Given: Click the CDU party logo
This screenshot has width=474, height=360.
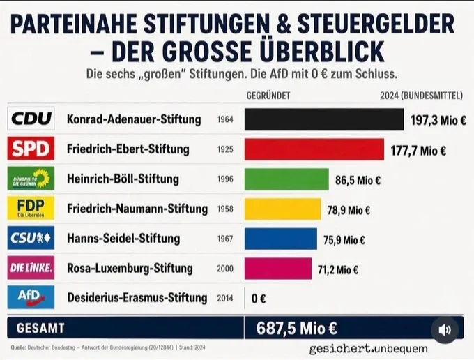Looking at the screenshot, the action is [31, 119].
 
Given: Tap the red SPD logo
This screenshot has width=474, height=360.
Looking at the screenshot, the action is [31, 148].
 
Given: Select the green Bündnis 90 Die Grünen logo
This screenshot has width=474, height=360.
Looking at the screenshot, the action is [31, 178].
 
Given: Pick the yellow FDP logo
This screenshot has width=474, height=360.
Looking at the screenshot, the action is [31, 208].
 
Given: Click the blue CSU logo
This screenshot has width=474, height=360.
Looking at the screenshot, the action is [31, 238].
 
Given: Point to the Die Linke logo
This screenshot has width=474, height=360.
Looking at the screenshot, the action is [31, 268].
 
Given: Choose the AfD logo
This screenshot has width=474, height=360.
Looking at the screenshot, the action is [31, 297].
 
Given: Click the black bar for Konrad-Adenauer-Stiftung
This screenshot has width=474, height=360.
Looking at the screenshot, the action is [324, 119].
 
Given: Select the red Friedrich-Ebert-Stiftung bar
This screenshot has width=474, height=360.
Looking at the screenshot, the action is [314, 149].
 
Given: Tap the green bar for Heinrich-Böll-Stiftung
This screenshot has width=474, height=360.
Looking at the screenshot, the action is [286, 179].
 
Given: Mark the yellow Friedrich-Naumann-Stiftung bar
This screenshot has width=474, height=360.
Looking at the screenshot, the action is [283, 209].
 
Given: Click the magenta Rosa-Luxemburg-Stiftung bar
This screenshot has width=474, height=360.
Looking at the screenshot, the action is [278, 269].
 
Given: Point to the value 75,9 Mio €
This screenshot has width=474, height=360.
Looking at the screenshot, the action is [344, 240].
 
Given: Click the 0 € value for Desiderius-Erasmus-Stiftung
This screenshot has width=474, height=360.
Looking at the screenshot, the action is [259, 299].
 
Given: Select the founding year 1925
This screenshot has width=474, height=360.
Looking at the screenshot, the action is [225, 149].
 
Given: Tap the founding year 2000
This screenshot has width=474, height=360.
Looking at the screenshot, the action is [225, 269].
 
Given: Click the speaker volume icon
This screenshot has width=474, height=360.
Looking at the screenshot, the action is [445, 330].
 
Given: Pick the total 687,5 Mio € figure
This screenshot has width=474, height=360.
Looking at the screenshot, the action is [296, 329].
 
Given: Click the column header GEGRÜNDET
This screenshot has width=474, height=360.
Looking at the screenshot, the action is [268, 96].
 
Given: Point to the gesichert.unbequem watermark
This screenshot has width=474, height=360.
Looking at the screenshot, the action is [369, 349].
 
